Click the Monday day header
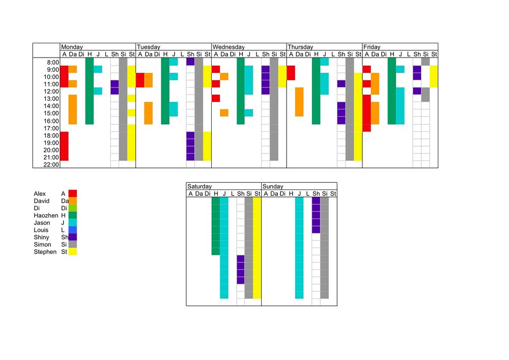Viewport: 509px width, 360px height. click(x=72, y=47)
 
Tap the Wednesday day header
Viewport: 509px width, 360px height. click(x=228, y=47)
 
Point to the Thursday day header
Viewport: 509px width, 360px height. click(x=300, y=47)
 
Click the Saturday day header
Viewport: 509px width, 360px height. click(x=200, y=186)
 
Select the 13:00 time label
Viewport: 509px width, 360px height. click(x=51, y=99)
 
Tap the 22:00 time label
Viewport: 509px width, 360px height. click(x=51, y=164)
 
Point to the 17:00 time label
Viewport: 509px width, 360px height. click(x=51, y=128)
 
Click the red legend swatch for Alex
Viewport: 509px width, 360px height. click(x=73, y=193)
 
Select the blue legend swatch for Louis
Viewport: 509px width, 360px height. click(x=73, y=230)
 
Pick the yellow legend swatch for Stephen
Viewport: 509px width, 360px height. click(x=73, y=252)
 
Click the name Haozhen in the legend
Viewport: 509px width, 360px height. click(x=46, y=215)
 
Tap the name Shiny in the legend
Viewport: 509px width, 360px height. click(x=42, y=237)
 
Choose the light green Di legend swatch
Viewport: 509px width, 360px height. click(x=73, y=208)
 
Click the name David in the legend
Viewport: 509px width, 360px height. click(x=42, y=201)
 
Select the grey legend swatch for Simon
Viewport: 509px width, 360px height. click(x=73, y=244)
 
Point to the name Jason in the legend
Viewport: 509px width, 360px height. click(x=42, y=223)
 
